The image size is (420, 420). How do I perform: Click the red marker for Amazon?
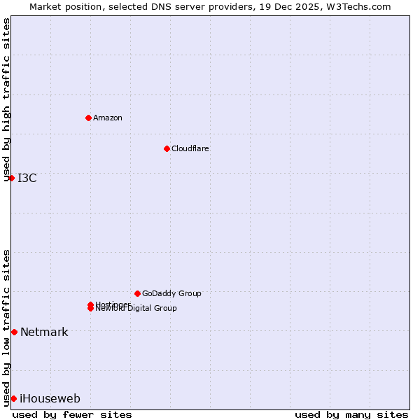[x=88, y=118]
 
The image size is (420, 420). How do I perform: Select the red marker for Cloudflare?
[x=167, y=148]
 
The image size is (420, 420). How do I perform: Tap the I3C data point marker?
[x=11, y=178]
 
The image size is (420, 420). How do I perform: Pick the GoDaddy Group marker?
[x=137, y=293]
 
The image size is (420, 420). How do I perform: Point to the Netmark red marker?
[x=14, y=332]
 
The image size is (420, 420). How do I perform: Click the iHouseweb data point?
[x=13, y=398]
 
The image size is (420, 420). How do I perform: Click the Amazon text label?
[x=107, y=118]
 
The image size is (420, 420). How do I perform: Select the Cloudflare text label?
[x=190, y=148]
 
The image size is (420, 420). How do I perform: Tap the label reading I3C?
[x=27, y=178]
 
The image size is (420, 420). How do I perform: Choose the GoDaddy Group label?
[x=171, y=293]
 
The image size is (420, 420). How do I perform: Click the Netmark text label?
[x=44, y=332]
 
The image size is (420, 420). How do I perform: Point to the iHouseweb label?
[x=50, y=398]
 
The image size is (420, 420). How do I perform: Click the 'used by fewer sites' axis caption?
[x=71, y=414]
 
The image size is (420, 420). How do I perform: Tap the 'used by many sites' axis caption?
[x=351, y=414]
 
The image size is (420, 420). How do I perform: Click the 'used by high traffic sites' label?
[x=7, y=99]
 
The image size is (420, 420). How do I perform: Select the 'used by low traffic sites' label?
[x=7, y=328]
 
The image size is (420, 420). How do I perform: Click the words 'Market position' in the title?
[x=61, y=6]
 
